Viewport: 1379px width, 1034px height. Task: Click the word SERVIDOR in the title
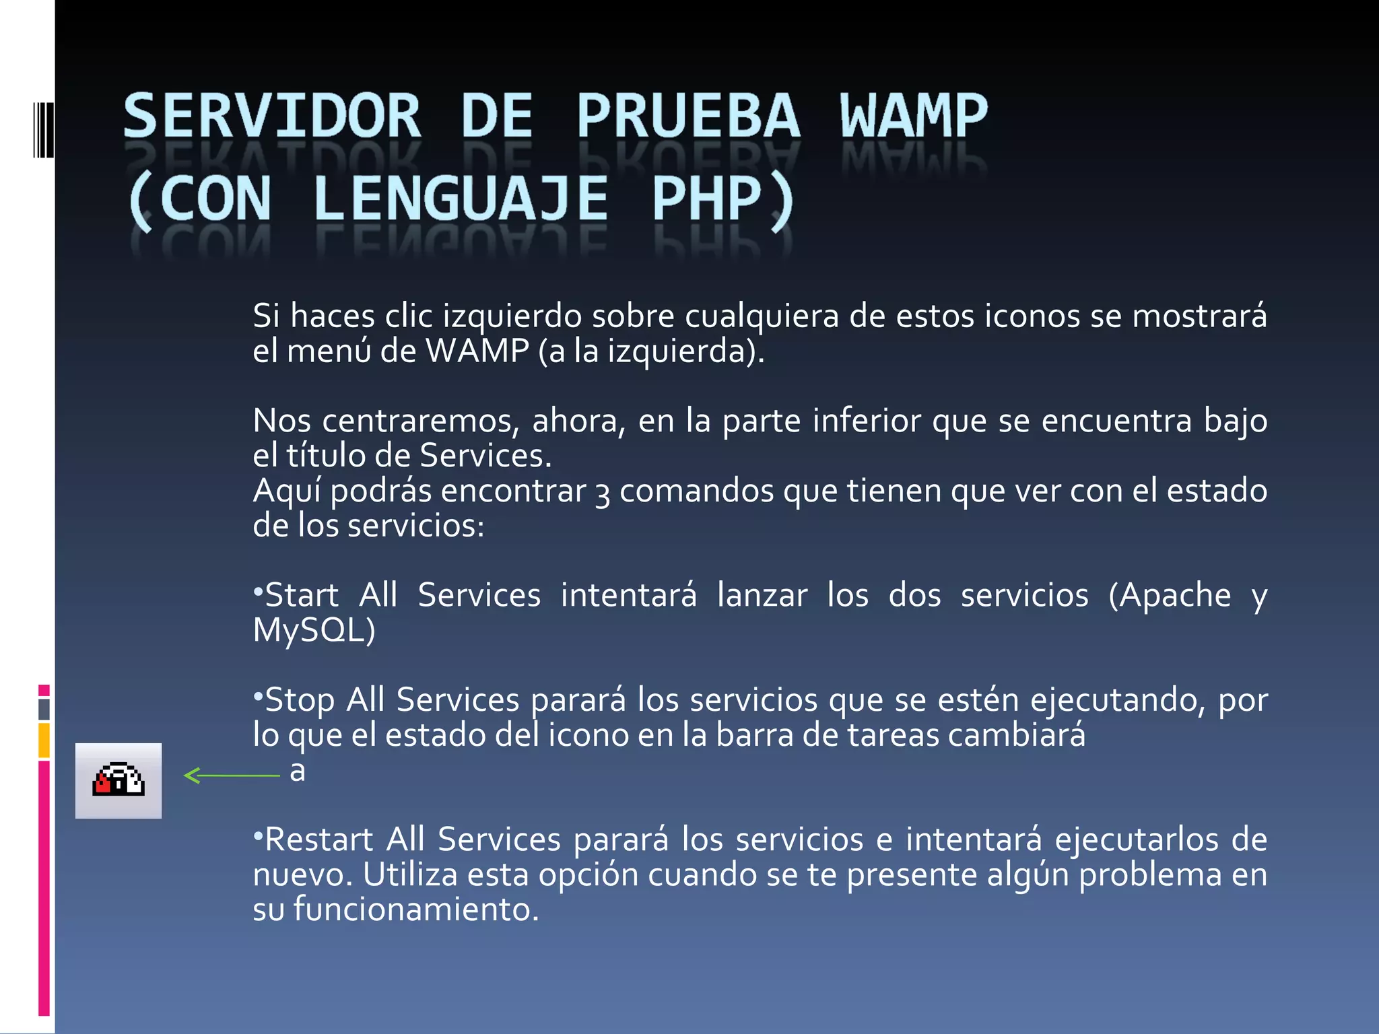click(x=272, y=116)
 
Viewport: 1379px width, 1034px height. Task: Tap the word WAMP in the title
click(x=913, y=116)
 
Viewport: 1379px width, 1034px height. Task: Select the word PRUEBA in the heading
click(x=688, y=116)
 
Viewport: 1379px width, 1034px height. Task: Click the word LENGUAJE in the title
click(x=461, y=199)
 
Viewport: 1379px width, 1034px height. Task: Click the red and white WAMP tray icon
click(x=119, y=780)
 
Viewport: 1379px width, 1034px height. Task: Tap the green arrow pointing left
click(x=232, y=775)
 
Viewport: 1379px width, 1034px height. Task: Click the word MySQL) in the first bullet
click(x=314, y=631)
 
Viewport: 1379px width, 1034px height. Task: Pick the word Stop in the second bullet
click(x=300, y=700)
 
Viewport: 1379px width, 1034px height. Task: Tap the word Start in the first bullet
click(x=302, y=595)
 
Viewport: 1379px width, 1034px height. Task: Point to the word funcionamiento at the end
click(x=415, y=909)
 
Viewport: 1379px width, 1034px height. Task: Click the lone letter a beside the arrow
click(x=297, y=771)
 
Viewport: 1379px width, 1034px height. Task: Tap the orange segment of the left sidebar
click(x=44, y=740)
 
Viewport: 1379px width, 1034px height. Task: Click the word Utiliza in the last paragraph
click(x=410, y=874)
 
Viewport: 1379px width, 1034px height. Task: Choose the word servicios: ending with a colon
click(x=416, y=526)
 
